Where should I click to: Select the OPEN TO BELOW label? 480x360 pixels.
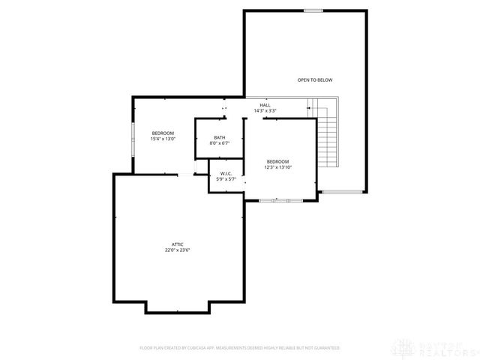pos(314,79)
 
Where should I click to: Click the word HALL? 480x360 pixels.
pos(265,105)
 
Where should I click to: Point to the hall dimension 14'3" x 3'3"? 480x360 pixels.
pos(265,111)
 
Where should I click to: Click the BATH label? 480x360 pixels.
pos(219,137)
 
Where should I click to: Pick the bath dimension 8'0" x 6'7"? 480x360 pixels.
pos(219,143)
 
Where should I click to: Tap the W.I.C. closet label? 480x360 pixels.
pos(226,174)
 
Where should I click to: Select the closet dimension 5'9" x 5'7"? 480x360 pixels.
pos(226,180)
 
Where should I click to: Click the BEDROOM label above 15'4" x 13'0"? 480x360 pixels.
pos(163,133)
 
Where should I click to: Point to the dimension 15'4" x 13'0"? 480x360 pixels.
pos(163,139)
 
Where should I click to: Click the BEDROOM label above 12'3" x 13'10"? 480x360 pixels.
pos(277,161)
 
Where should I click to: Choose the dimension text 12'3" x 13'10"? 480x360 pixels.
pos(277,167)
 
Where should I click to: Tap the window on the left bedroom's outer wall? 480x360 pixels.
pos(133,139)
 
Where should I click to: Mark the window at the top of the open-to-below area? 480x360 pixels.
pos(313,10)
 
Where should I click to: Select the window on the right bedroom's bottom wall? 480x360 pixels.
pos(278,200)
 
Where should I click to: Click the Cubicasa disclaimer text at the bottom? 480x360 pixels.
pos(240,348)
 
